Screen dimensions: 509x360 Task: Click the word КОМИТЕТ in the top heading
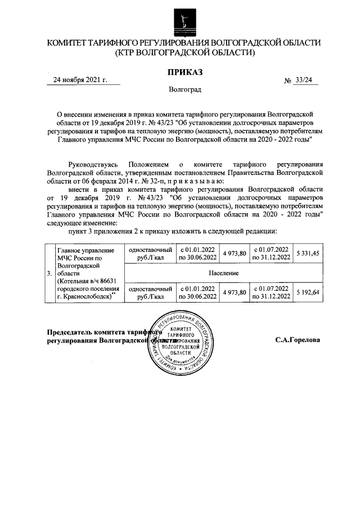point(69,43)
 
